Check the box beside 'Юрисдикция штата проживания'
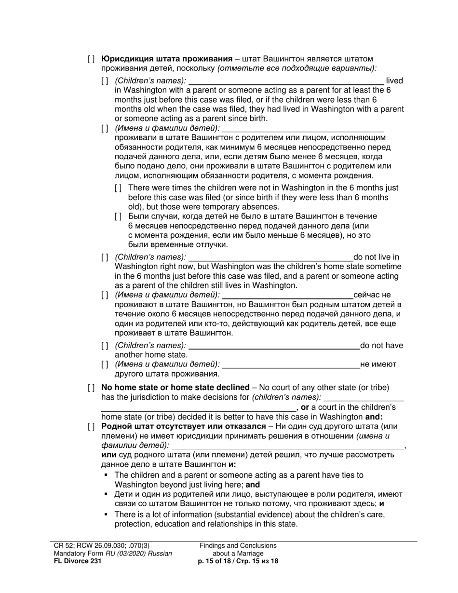[91, 59]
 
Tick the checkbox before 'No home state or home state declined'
[91, 388]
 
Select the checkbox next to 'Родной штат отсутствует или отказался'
[91, 427]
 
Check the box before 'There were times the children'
[118, 188]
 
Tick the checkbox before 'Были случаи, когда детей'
[118, 216]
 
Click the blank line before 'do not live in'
[271, 257]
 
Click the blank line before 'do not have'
[274, 345]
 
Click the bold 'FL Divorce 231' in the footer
[78, 561]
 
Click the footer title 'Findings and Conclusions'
[238, 546]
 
